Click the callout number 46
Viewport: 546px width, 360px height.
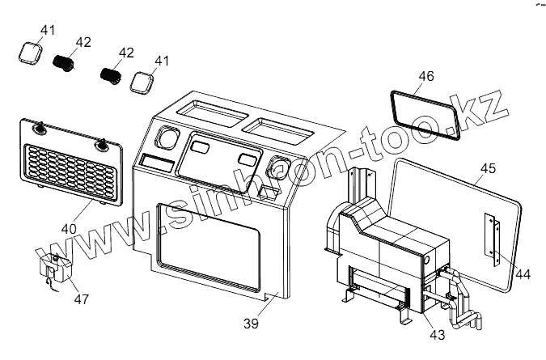tap(426, 78)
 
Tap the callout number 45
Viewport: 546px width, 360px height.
tap(488, 169)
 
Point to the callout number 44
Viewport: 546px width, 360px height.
tap(523, 274)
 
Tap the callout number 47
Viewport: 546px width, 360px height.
tap(82, 300)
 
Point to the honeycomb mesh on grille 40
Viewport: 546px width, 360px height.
tap(72, 172)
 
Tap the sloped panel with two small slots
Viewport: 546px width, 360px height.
tap(218, 155)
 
